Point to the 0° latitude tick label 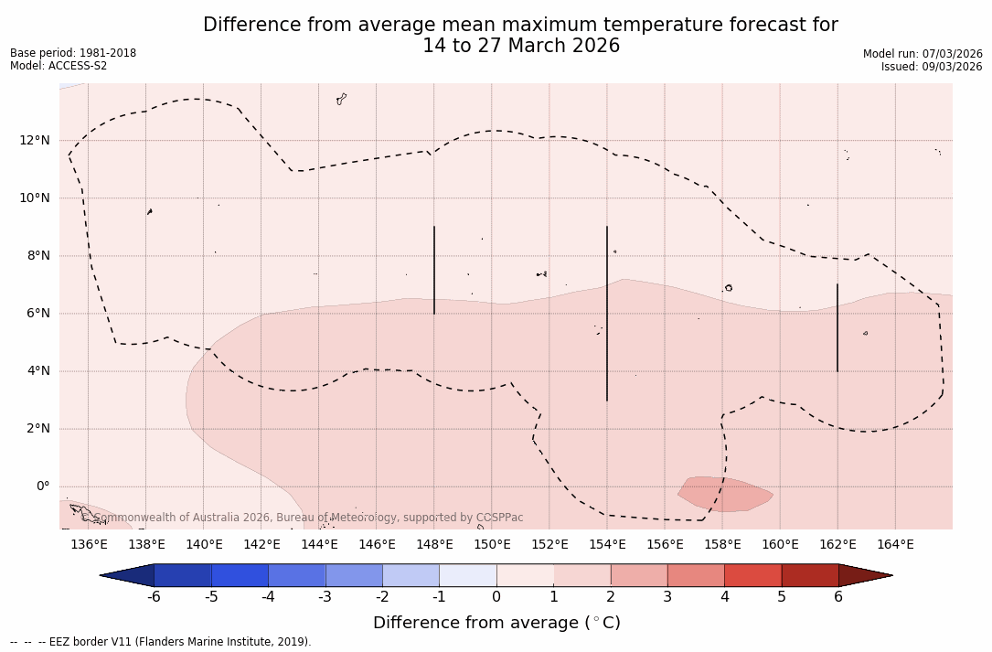click(x=42, y=486)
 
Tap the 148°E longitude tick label click(x=434, y=545)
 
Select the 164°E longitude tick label click(x=895, y=545)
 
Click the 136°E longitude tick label click(x=89, y=545)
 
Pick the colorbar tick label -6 click(x=154, y=597)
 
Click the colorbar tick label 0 click(x=496, y=597)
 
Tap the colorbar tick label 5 click(x=782, y=597)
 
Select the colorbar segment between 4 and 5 click(x=752, y=575)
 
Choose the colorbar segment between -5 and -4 click(x=240, y=575)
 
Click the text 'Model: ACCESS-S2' click(x=59, y=66)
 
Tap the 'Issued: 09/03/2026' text click(x=932, y=67)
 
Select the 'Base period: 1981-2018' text click(x=73, y=53)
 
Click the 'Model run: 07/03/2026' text click(x=923, y=54)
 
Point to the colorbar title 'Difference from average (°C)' click(x=496, y=623)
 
